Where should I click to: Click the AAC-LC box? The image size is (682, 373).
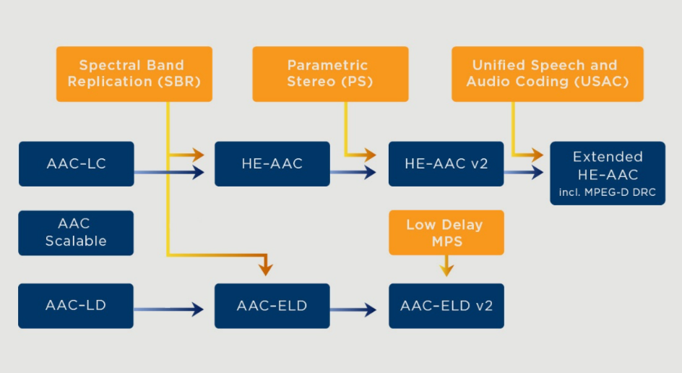(76, 164)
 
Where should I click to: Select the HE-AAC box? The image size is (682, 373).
(272, 164)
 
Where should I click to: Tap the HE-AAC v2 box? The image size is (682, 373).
(446, 164)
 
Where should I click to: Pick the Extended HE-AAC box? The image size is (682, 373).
(607, 173)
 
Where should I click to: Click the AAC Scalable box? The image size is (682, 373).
(76, 233)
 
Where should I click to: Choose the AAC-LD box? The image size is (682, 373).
(76, 306)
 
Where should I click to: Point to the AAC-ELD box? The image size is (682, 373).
(272, 306)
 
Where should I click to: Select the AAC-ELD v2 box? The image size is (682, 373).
(446, 306)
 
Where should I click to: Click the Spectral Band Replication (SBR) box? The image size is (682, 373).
(134, 74)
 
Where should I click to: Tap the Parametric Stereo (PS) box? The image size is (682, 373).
(330, 74)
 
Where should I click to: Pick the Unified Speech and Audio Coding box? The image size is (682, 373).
(547, 74)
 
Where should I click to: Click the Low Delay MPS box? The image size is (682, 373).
(446, 233)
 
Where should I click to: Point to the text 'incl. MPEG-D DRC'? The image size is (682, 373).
(607, 192)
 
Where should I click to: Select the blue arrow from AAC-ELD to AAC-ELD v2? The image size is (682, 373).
(354, 309)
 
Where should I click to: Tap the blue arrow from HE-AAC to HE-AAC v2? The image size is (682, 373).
(354, 172)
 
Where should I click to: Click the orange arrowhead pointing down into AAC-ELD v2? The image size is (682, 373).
(446, 270)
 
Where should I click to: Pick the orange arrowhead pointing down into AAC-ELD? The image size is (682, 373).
(266, 268)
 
